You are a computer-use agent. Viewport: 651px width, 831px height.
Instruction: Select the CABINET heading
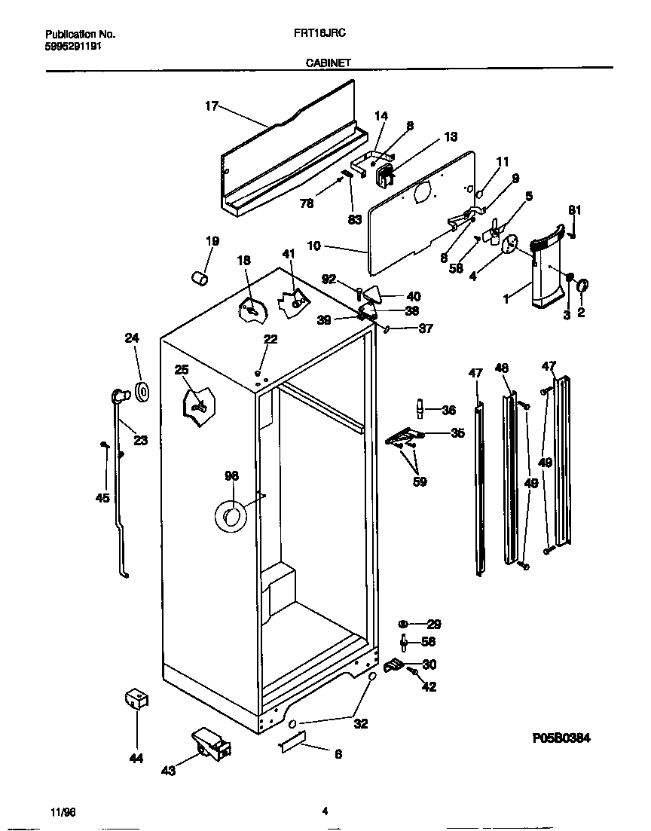(327, 64)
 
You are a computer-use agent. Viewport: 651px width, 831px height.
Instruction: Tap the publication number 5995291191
(73, 46)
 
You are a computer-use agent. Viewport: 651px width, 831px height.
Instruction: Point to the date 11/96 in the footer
(63, 811)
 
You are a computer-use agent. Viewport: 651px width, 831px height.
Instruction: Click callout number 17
(211, 106)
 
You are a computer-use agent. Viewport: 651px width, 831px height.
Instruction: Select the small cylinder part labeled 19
(200, 279)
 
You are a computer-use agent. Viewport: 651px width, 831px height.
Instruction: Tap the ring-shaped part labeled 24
(141, 391)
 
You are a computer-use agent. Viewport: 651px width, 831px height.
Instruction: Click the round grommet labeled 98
(230, 516)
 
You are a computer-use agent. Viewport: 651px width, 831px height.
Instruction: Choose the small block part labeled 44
(136, 699)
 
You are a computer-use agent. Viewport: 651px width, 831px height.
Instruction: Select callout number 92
(330, 278)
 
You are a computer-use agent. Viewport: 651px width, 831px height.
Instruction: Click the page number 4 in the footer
(325, 811)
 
